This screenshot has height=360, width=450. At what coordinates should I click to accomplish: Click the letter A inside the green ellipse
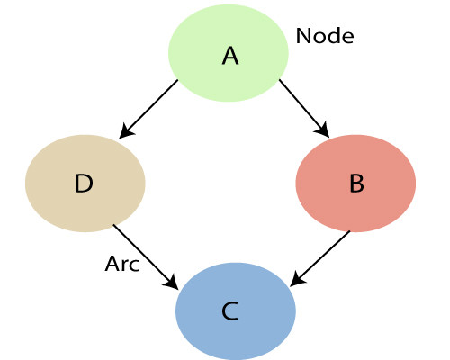230,56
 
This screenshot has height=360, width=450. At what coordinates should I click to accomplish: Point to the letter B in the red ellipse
356,184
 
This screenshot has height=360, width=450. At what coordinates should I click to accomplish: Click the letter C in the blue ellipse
229,311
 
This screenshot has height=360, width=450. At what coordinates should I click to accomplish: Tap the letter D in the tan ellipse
84,184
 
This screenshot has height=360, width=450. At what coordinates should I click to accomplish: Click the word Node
325,36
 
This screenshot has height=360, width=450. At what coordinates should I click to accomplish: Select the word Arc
122,265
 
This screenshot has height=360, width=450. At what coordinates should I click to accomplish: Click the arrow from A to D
149,109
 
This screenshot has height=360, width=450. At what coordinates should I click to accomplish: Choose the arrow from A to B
303,108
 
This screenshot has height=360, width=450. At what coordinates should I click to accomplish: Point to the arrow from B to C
320,258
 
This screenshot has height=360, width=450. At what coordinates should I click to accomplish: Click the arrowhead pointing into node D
123,134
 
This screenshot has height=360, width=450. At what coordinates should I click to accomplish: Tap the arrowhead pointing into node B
325,133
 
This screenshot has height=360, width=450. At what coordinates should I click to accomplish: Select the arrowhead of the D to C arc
173,284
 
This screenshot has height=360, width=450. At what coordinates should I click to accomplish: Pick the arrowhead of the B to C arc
295,282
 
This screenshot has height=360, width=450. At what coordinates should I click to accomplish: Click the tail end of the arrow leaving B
349,232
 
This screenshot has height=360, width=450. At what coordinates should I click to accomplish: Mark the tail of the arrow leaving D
114,226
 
